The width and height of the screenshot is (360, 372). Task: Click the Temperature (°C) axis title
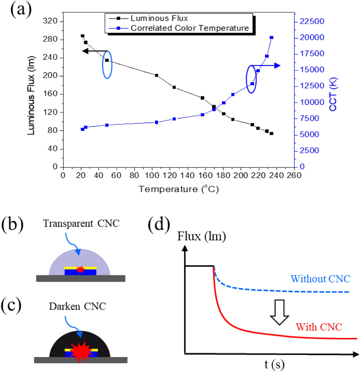(179, 189)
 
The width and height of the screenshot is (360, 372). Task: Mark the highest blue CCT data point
(271, 38)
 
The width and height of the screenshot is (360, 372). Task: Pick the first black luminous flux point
(83, 36)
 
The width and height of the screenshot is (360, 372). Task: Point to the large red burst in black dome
(81, 351)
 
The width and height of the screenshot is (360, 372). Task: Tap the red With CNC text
(319, 327)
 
